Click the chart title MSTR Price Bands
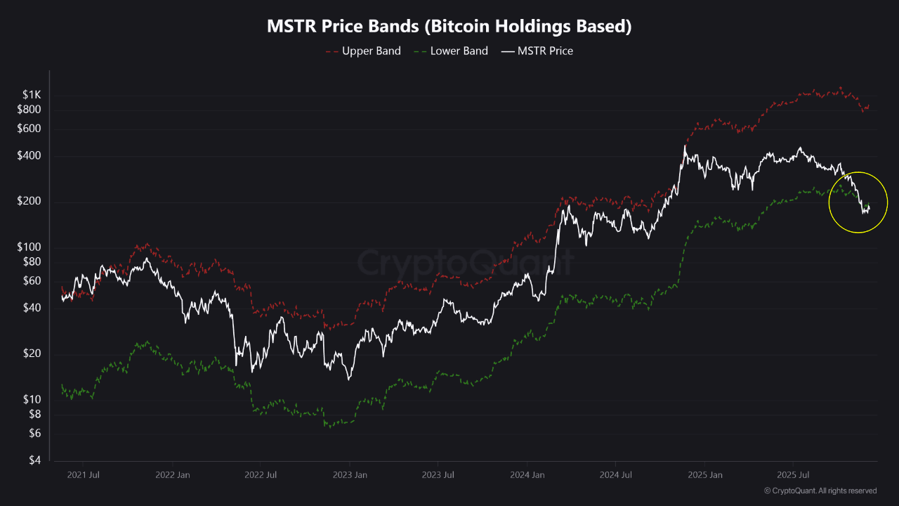[x=449, y=27]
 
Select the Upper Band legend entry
[x=371, y=51]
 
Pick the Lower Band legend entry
[x=459, y=51]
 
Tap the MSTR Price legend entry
[x=544, y=51]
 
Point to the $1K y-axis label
[x=31, y=95]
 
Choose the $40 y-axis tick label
[x=32, y=308]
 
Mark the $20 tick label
[x=32, y=353]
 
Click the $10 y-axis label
[x=32, y=399]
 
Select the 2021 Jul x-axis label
[x=83, y=474]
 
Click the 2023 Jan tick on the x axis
[x=349, y=474]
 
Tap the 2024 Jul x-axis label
[x=615, y=474]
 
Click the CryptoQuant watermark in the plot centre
[x=466, y=262]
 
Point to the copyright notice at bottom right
[x=820, y=491]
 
